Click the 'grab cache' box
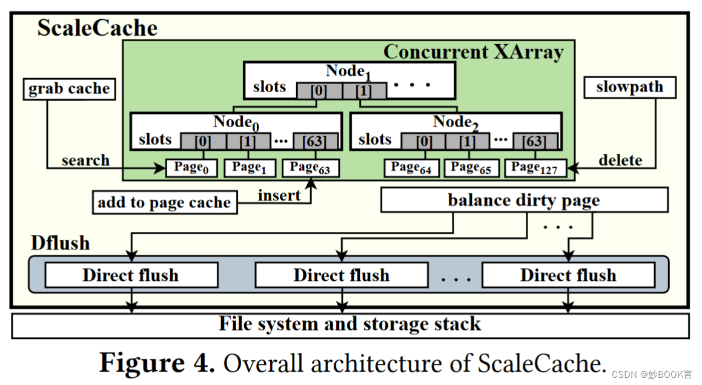click(x=69, y=89)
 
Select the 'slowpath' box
click(x=629, y=88)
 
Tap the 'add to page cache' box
click(x=164, y=203)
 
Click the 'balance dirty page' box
click(x=524, y=200)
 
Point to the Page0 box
click(x=191, y=168)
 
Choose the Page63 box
click(x=310, y=168)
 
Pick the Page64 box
click(x=411, y=168)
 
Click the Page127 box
click(x=535, y=168)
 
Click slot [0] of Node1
click(x=319, y=91)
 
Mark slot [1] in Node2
click(x=467, y=142)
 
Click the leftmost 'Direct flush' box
click(x=131, y=275)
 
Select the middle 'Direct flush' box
click(x=341, y=275)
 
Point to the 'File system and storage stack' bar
click(x=350, y=324)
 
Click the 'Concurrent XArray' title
click(x=473, y=52)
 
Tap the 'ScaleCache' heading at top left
click(x=98, y=28)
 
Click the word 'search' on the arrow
click(x=85, y=160)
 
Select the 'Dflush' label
click(x=60, y=243)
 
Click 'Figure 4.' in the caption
click(x=157, y=363)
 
